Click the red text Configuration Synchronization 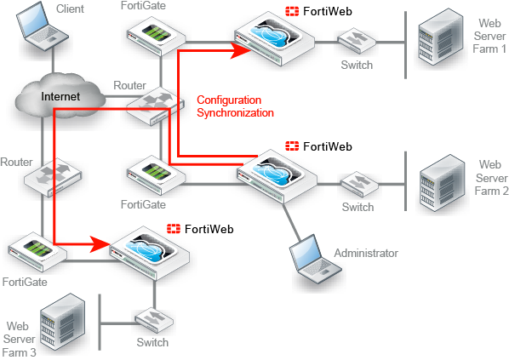(x=235, y=106)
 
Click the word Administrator (x=366, y=254)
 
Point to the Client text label (x=71, y=9)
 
